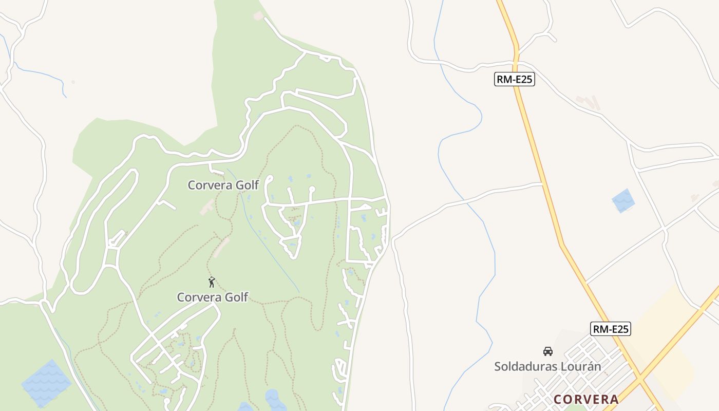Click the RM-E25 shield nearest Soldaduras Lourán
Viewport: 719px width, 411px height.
[x=611, y=329]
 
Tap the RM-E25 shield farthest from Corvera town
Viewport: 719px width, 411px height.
[x=514, y=79]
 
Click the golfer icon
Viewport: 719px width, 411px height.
[x=212, y=282]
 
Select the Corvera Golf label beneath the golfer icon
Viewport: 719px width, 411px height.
[x=213, y=297]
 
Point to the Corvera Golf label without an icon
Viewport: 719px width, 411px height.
[x=223, y=185]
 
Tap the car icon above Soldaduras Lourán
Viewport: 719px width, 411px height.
[x=548, y=351]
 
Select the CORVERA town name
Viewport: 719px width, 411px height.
[x=586, y=399]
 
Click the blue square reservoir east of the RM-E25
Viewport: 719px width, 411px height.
[x=623, y=200]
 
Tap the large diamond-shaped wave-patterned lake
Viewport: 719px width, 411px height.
[x=46, y=383]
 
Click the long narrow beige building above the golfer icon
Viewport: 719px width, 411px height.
[x=221, y=247]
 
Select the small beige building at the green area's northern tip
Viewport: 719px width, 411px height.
[x=258, y=16]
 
